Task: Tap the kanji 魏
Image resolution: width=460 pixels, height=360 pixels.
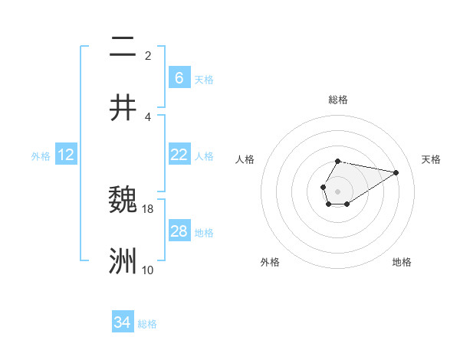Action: [x=123, y=201]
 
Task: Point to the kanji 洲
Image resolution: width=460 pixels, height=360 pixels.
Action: [x=123, y=261]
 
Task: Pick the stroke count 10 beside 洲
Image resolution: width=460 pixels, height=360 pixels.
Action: [x=148, y=270]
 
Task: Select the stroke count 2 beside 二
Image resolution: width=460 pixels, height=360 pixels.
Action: [x=148, y=55]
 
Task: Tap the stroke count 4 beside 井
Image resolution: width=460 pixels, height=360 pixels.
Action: [x=148, y=116]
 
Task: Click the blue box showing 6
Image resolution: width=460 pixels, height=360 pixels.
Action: [x=179, y=78]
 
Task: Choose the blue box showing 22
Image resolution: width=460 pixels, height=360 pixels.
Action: [x=179, y=155]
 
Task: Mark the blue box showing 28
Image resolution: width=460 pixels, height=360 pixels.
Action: [x=179, y=231]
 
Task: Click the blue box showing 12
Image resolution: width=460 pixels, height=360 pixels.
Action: [x=66, y=155]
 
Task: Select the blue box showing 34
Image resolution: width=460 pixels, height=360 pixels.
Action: [x=122, y=322]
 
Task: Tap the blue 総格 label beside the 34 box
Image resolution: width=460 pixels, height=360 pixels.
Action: [x=147, y=324]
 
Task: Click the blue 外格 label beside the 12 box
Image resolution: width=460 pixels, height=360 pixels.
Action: [x=41, y=156]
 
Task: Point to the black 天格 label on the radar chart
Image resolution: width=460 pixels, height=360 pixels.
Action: [x=431, y=159]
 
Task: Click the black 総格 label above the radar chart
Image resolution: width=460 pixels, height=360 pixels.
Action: [x=337, y=100]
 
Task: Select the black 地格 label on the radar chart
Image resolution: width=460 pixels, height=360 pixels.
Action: [x=402, y=262]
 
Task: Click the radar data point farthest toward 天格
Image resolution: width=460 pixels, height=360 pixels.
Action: [x=396, y=172]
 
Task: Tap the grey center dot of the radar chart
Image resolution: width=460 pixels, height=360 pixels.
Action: [x=337, y=190]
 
